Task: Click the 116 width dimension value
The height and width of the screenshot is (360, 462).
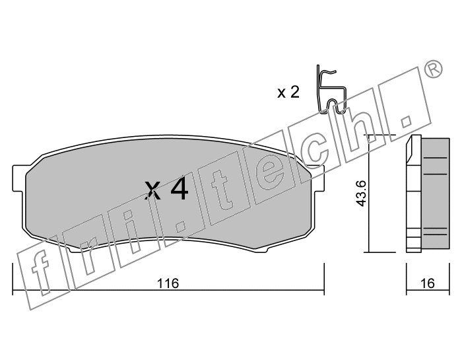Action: coord(168,283)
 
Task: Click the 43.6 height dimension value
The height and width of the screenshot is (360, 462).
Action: coord(361,194)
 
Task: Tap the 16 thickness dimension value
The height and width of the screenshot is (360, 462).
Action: coord(428,283)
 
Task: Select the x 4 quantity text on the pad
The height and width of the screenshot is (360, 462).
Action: coord(166,189)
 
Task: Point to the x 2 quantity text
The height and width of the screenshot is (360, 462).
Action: coord(288,92)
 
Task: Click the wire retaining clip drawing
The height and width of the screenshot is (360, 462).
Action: coord(331,89)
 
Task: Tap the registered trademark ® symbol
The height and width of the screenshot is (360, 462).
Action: coord(433,69)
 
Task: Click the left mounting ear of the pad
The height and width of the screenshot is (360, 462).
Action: coord(18,178)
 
